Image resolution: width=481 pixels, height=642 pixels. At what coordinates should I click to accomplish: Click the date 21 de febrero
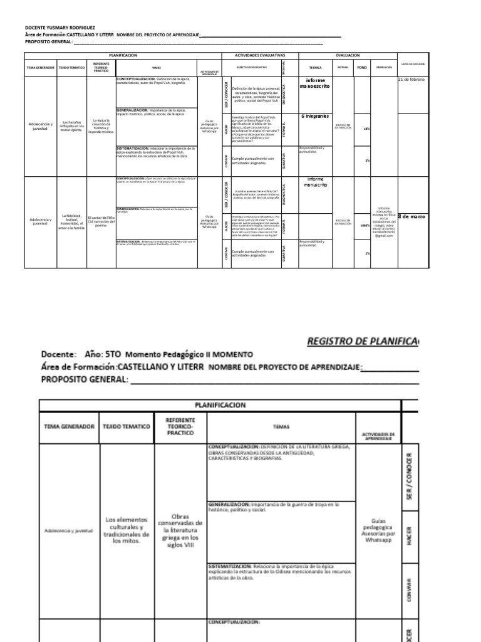(411, 80)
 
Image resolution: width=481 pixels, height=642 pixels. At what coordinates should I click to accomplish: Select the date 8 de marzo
(411, 216)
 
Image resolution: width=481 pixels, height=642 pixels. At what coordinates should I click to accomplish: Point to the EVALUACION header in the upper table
(348, 55)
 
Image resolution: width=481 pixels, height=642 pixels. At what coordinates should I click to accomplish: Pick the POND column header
(362, 66)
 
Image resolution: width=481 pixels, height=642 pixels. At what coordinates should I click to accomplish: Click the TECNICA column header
(316, 66)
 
